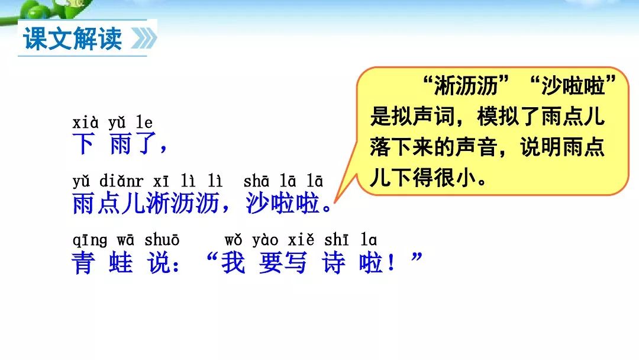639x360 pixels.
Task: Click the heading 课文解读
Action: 73,38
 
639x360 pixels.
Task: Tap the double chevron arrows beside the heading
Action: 144,38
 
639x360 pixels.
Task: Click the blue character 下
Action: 83,144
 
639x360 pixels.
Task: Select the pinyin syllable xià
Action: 85,123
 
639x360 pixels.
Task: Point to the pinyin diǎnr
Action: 121,181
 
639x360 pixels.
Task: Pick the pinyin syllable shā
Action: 256,181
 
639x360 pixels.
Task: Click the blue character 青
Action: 83,262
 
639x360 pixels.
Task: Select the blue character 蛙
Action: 121,262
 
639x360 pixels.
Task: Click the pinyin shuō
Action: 162,240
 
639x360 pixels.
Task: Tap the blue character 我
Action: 234,262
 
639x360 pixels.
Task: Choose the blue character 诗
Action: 333,262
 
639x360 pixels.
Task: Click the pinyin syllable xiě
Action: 301,240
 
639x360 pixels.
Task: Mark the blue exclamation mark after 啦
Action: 391,262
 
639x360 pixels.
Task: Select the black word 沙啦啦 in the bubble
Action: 573,86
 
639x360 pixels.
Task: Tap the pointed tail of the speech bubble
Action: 334,202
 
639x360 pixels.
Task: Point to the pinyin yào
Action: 265,240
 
